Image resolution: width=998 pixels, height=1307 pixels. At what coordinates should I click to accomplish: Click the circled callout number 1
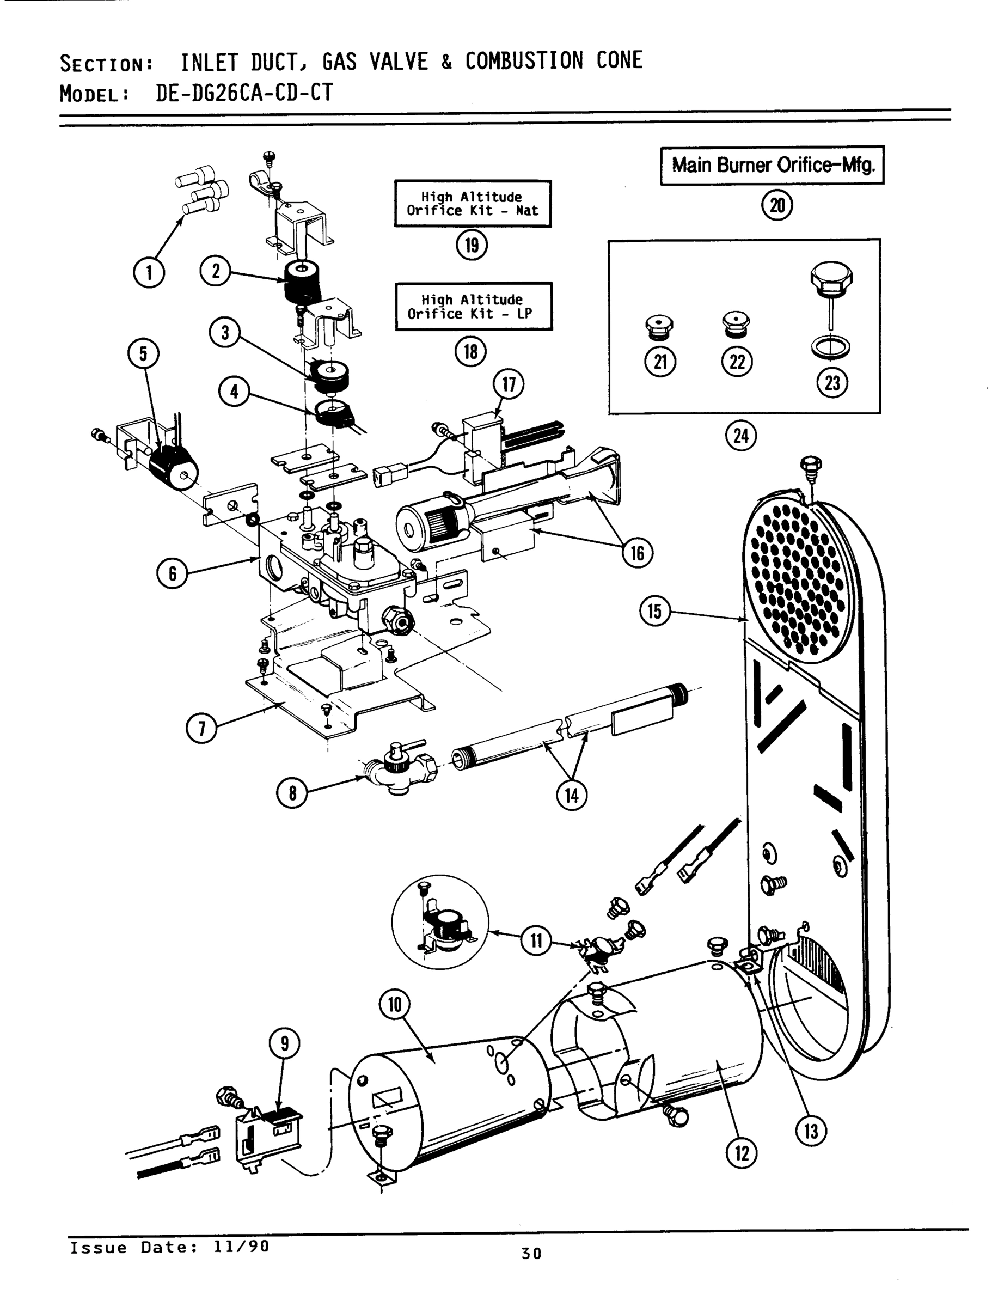149,273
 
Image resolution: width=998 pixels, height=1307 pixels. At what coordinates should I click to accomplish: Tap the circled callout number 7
202,728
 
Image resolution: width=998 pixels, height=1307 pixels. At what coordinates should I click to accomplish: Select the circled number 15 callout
654,612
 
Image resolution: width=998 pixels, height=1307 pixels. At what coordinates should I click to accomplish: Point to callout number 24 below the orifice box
742,436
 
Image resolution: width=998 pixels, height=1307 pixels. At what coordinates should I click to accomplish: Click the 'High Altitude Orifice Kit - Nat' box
472,204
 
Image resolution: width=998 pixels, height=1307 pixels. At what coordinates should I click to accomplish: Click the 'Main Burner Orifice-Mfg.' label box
772,165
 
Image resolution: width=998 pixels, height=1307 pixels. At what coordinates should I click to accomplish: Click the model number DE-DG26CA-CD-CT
244,93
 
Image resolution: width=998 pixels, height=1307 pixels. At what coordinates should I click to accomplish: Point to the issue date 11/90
241,1247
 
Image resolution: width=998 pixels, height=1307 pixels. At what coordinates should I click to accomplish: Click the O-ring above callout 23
830,347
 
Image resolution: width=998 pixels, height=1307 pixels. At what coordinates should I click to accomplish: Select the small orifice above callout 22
736,325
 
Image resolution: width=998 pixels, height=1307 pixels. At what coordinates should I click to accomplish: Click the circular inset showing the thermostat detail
440,922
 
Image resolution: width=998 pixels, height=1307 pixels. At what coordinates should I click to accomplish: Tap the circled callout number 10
395,1005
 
